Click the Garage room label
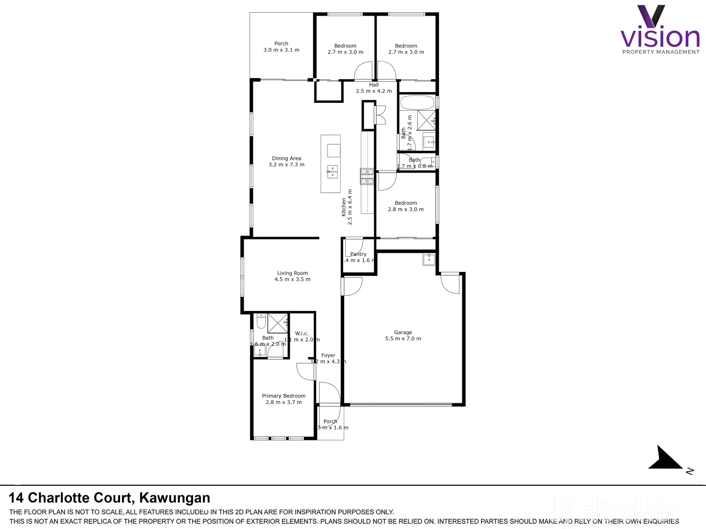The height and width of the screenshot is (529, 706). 403,333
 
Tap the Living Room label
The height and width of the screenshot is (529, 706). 292,273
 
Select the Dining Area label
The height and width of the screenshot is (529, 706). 286,158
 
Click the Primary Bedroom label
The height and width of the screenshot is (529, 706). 283,396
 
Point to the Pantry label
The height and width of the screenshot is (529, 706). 358,254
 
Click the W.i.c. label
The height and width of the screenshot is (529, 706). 302,334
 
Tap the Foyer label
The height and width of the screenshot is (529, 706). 328,356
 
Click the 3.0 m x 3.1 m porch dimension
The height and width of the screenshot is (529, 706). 281,50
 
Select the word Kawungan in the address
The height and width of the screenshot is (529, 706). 175,498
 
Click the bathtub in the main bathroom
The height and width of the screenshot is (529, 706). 417,103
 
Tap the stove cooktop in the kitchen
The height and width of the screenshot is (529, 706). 367,176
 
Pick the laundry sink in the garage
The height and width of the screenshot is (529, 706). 429,259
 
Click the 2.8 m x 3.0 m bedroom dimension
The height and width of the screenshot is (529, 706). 405,210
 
